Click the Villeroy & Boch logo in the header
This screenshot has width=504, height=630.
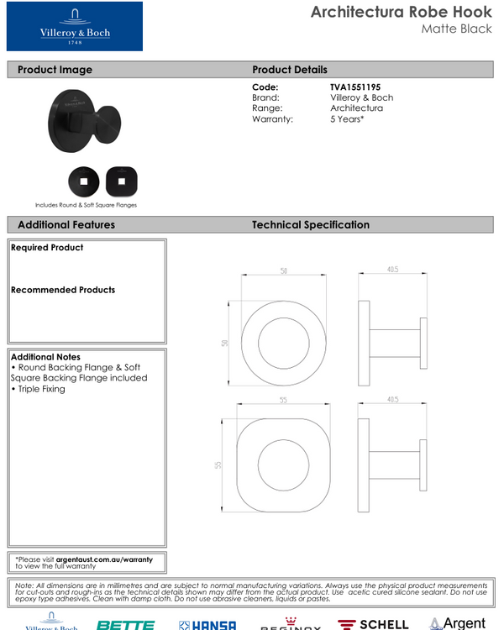coord(75,27)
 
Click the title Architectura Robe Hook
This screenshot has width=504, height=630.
coord(401,12)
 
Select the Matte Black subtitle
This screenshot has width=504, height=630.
coord(456,29)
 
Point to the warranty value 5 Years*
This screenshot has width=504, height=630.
coord(347,119)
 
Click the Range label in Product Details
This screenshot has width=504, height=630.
coord(267,108)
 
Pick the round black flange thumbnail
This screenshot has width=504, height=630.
coord(84,180)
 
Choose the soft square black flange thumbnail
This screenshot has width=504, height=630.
coord(122,180)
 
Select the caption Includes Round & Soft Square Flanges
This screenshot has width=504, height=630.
coord(86,204)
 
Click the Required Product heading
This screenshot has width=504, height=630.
coord(47,248)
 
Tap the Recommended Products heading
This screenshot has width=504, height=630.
coord(63,290)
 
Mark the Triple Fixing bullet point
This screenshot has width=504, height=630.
coord(38,389)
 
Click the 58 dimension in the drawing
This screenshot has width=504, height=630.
coord(284,270)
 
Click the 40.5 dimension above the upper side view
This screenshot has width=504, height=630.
coord(391,270)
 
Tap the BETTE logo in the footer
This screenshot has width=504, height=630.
coord(125,624)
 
